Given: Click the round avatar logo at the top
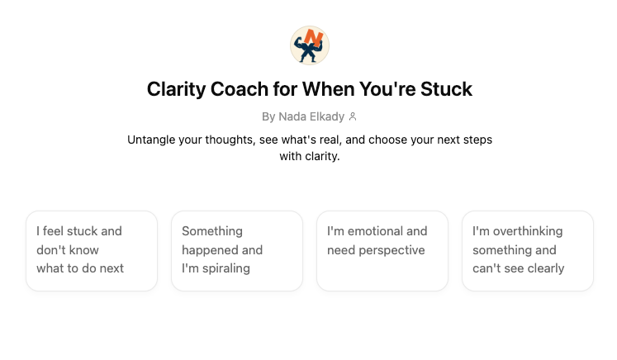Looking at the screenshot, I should pyautogui.click(x=310, y=45).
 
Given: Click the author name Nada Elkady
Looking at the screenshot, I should pyautogui.click(x=311, y=117).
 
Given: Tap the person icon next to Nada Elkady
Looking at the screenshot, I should pyautogui.click(x=353, y=117).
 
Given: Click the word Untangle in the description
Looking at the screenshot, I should pyautogui.click(x=154, y=140).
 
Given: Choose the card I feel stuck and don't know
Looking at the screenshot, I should pyautogui.click(x=92, y=250).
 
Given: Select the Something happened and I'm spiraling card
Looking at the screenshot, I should pyautogui.click(x=237, y=250).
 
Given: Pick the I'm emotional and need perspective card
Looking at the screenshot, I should pyautogui.click(x=382, y=250).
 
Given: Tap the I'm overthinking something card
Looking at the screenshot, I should pyautogui.click(x=528, y=250).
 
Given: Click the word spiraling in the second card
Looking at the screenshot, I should pyautogui.click(x=223, y=268).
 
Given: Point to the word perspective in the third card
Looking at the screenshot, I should pyautogui.click(x=395, y=250).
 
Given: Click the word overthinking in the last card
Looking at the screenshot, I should pyautogui.click(x=526, y=231).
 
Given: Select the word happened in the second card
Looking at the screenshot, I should pyautogui.click(x=211, y=250).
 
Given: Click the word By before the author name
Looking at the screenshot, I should pyautogui.click(x=268, y=117).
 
